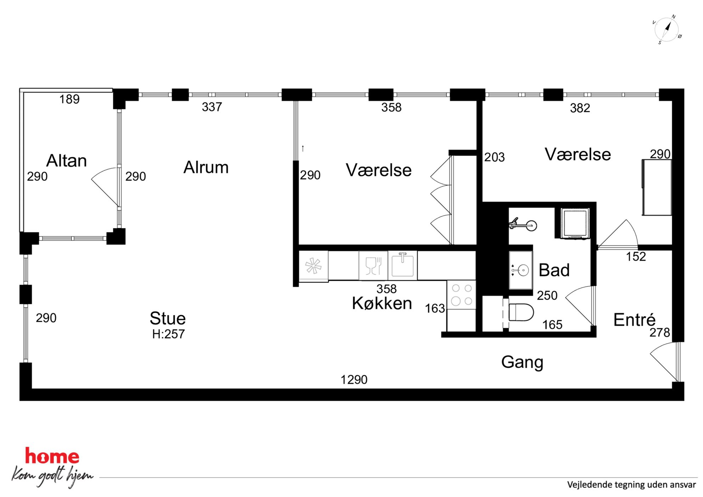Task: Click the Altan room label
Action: (67, 160)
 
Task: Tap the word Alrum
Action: (206, 167)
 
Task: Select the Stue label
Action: (168, 318)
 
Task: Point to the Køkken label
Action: (382, 303)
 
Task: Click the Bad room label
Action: (554, 270)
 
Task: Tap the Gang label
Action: (522, 362)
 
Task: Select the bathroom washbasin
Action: (521, 270)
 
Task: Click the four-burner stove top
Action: (462, 295)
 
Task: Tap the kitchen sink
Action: (403, 265)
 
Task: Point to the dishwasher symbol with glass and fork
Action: (373, 266)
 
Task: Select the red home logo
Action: (52, 456)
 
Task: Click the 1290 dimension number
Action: (354, 380)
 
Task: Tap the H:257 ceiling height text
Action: (168, 334)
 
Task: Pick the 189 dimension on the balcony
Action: (69, 99)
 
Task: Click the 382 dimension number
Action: (580, 108)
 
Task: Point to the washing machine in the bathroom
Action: (575, 224)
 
